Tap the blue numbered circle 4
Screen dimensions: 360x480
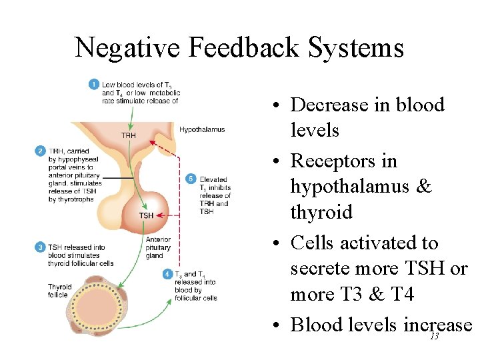pyautogui.click(x=167, y=274)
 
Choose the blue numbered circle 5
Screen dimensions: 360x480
pyautogui.click(x=191, y=179)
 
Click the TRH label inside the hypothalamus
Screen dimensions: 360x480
pyautogui.click(x=129, y=135)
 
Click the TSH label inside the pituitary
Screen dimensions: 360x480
pyautogui.click(x=146, y=215)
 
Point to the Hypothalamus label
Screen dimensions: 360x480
pyautogui.click(x=202, y=129)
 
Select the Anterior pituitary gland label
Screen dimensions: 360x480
pyautogui.click(x=158, y=247)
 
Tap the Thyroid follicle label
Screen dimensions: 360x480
pyautogui.click(x=59, y=291)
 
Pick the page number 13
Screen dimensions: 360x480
pyautogui.click(x=434, y=337)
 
